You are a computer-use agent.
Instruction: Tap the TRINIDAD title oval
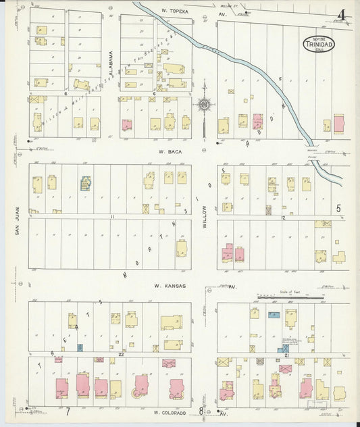point(317,45)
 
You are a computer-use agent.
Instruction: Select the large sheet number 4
point(343,16)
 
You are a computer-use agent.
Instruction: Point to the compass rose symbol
point(203,105)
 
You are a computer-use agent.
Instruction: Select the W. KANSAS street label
point(169,286)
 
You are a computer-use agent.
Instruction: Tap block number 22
point(120,353)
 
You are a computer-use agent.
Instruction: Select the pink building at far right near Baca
point(338,123)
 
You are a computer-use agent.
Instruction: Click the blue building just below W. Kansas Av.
point(274,315)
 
